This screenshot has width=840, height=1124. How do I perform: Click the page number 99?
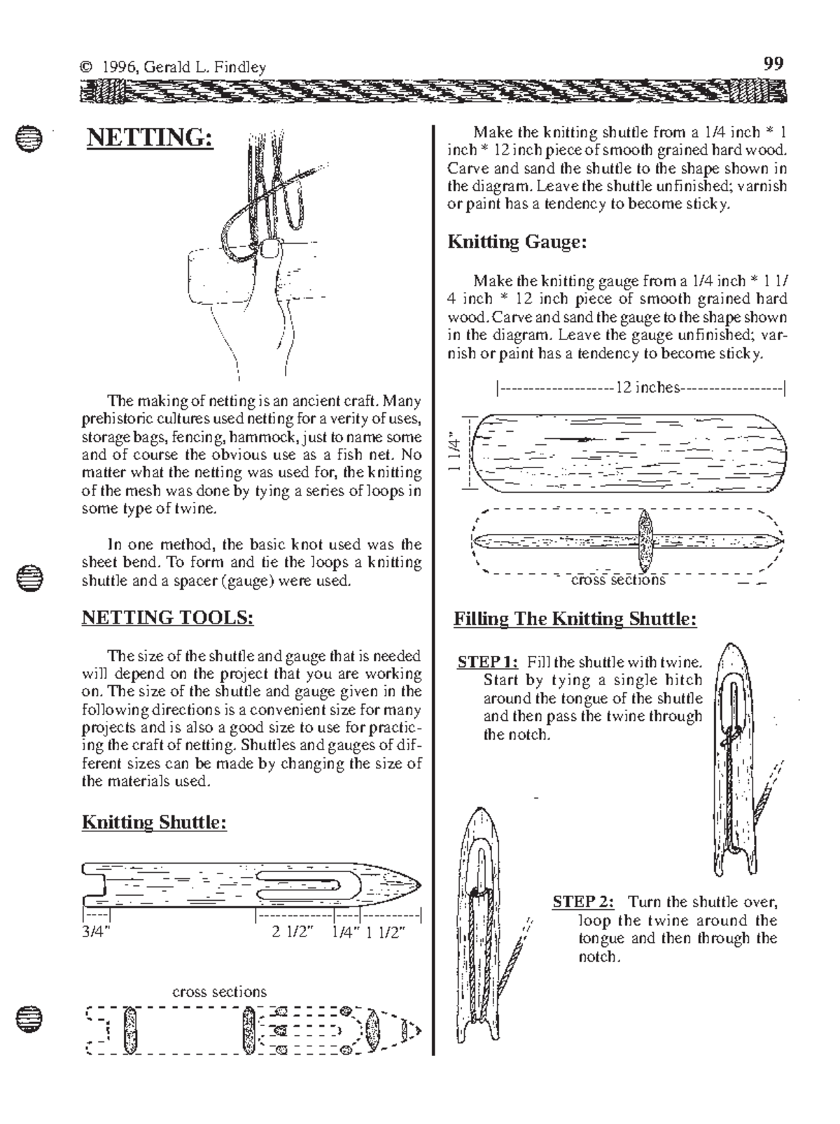tap(773, 64)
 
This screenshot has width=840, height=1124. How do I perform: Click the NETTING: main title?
tap(149, 137)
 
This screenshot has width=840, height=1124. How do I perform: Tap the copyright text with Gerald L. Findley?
tap(173, 67)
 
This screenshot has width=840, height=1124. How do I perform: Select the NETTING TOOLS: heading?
tap(167, 617)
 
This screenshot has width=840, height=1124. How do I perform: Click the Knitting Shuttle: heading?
tap(154, 822)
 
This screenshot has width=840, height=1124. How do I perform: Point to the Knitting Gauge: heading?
tap(517, 242)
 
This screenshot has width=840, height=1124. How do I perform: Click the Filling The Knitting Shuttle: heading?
tap(575, 619)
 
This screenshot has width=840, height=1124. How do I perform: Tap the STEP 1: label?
tap(487, 662)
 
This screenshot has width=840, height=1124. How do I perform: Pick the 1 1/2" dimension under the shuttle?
tap(386, 932)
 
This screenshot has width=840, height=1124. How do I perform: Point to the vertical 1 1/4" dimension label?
tap(456, 453)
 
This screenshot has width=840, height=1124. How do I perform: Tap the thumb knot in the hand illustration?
tap(269, 248)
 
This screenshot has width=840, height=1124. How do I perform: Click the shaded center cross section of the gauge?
tap(645, 541)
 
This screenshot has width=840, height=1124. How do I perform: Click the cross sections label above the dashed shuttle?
tap(219, 992)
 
